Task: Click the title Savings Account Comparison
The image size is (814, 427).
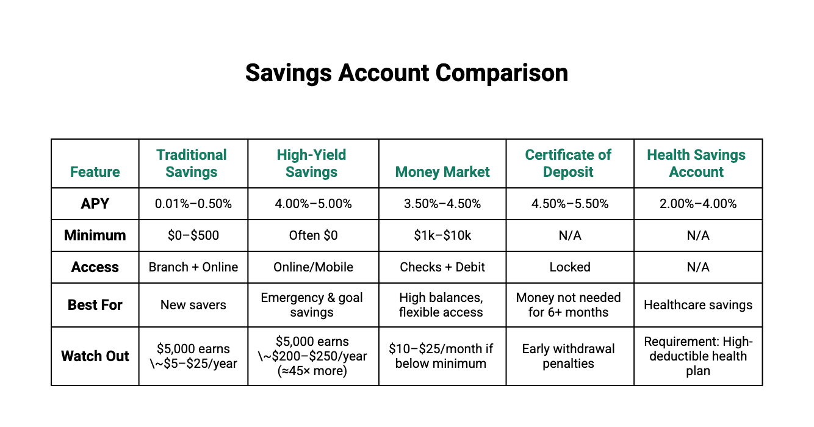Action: [x=406, y=73]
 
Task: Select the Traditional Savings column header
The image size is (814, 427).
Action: [x=192, y=163]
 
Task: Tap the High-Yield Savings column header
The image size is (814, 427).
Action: [x=311, y=163]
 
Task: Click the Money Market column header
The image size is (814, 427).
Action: [x=442, y=172]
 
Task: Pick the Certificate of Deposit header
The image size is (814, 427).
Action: [x=568, y=163]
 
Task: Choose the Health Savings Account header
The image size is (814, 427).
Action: [x=696, y=163]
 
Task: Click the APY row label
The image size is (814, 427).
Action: [x=95, y=204]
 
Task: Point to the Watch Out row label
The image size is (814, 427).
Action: [x=95, y=356]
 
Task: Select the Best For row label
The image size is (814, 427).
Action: [x=95, y=305]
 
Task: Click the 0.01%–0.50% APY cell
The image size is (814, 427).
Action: [x=193, y=204]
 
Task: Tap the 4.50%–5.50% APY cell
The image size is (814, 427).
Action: [x=569, y=204]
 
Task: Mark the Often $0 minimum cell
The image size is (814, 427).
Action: [x=313, y=235]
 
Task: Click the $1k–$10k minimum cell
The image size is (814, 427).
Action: [x=442, y=235]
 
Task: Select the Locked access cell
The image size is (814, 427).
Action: [x=569, y=267]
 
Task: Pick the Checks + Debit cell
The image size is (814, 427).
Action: [x=442, y=267]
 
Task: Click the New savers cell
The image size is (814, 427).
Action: [x=193, y=305]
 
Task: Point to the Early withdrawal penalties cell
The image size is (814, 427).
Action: [x=569, y=356]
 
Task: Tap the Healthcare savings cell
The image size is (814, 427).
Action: [x=698, y=305]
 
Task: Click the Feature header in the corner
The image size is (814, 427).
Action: [x=95, y=172]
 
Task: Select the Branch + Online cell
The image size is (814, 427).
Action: [x=193, y=267]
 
